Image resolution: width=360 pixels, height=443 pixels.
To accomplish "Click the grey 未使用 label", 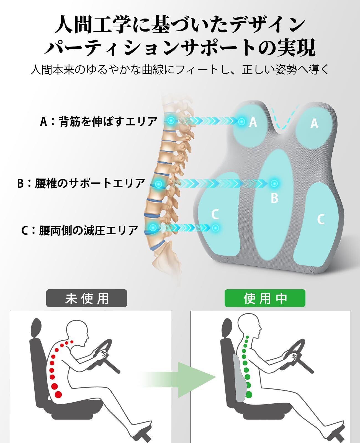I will (86, 298).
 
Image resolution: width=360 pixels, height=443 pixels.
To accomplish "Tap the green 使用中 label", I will (265, 298).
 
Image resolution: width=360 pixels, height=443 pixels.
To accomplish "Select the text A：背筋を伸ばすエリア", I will (99, 122).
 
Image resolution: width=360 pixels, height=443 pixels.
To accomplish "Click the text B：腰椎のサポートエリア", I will (81, 183).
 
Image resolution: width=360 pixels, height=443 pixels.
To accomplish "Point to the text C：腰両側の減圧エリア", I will (80, 230).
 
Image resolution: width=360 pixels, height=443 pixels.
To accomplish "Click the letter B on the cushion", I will (274, 198).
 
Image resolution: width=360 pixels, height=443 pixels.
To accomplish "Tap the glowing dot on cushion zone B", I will (274, 183).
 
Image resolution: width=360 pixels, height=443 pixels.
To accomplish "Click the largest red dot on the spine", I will (58, 394).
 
